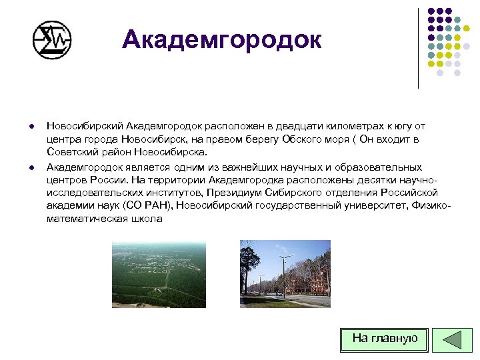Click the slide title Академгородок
221,40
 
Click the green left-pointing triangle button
453,339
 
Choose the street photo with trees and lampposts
285,273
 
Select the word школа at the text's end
146,219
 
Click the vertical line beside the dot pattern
418,48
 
